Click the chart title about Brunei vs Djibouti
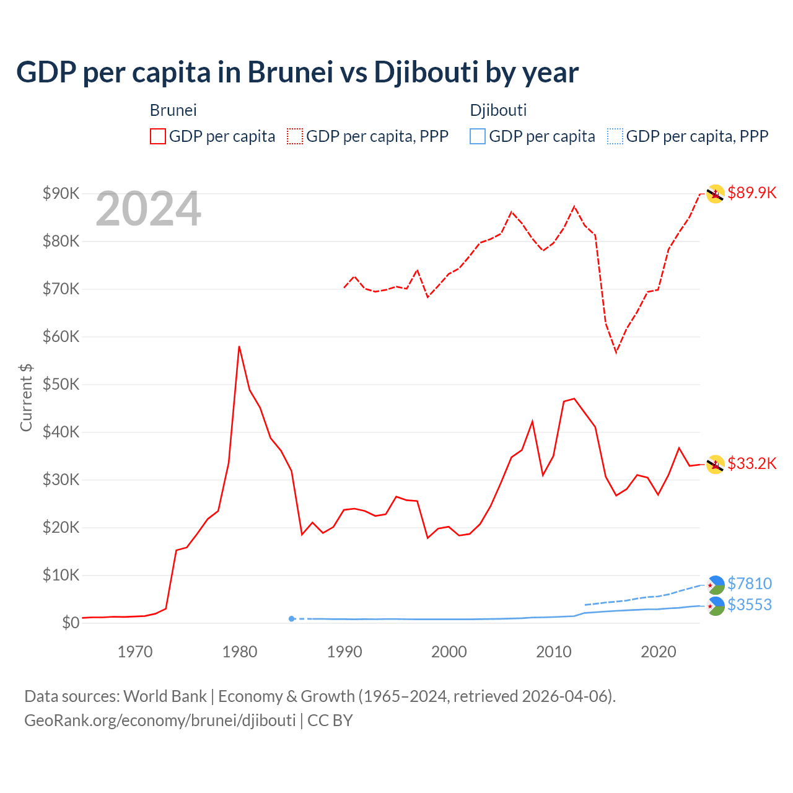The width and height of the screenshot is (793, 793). coord(297,72)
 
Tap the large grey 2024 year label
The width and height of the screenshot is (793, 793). coord(148,209)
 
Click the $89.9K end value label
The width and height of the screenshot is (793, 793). coord(751,193)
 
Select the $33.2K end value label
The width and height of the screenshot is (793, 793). coord(751,463)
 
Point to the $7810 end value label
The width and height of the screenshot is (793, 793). coord(750,584)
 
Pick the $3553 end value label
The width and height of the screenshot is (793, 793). coord(750,605)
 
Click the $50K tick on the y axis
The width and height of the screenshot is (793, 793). coord(61,384)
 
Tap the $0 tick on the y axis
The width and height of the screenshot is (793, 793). coord(71,623)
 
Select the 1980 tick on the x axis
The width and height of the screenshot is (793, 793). coord(240,652)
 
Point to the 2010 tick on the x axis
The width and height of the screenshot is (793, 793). coord(554,652)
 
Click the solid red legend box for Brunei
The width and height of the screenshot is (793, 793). coord(158,136)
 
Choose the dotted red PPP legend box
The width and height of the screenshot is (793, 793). coord(295,136)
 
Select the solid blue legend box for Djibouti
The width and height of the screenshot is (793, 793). coord(478,136)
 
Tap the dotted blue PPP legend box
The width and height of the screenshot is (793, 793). coord(615,136)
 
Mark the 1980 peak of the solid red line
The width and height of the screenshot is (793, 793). coord(239,347)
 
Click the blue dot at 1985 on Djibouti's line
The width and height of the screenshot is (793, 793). coord(292,618)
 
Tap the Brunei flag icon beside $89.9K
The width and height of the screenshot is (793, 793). coord(716,194)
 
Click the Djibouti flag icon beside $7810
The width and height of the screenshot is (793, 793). coord(716,584)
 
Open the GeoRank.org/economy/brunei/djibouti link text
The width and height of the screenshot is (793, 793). coord(160,721)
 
